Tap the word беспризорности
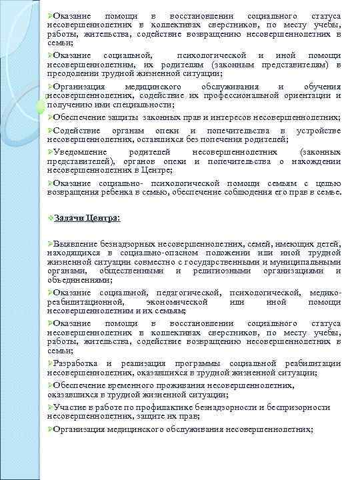tap(298, 407)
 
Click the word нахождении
tap(318, 161)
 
